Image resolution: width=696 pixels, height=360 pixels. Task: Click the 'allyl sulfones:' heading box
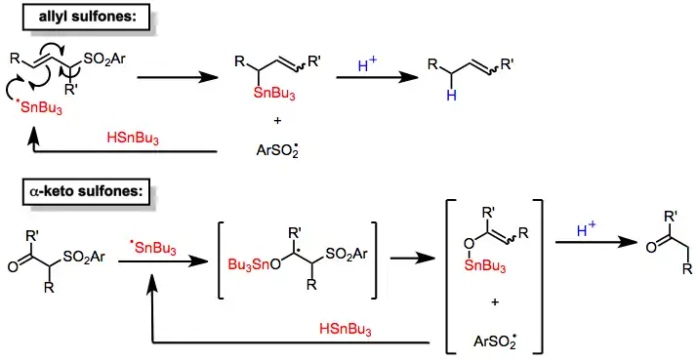pos(86,17)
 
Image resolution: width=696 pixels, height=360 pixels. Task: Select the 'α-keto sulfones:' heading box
pos(86,191)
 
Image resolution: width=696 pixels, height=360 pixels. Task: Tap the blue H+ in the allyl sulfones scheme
pos(367,65)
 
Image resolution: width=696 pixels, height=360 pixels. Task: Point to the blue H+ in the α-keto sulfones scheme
pos(586,229)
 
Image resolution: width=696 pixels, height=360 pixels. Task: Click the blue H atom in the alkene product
pos(451,95)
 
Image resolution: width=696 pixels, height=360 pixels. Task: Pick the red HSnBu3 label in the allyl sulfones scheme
pos(133,139)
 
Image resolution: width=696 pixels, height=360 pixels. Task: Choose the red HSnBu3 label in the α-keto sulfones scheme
pos(346,330)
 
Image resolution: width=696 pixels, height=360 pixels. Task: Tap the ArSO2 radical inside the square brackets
pos(495,340)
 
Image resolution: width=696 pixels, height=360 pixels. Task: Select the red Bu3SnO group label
pos(255,264)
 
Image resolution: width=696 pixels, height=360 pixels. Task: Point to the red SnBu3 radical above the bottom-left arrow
pos(153,248)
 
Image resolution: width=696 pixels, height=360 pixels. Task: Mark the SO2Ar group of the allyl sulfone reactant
pos(104,60)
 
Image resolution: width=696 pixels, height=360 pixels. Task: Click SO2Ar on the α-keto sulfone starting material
pos(84,257)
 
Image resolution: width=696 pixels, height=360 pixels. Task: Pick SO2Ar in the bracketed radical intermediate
pos(347,255)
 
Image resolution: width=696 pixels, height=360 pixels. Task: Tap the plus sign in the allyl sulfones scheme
pos(277,120)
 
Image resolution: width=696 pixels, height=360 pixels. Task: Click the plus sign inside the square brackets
pos(495,301)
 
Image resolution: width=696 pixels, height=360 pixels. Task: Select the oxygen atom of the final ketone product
pos(651,247)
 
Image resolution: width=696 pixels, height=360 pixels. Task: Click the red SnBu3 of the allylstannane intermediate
pos(274,95)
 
